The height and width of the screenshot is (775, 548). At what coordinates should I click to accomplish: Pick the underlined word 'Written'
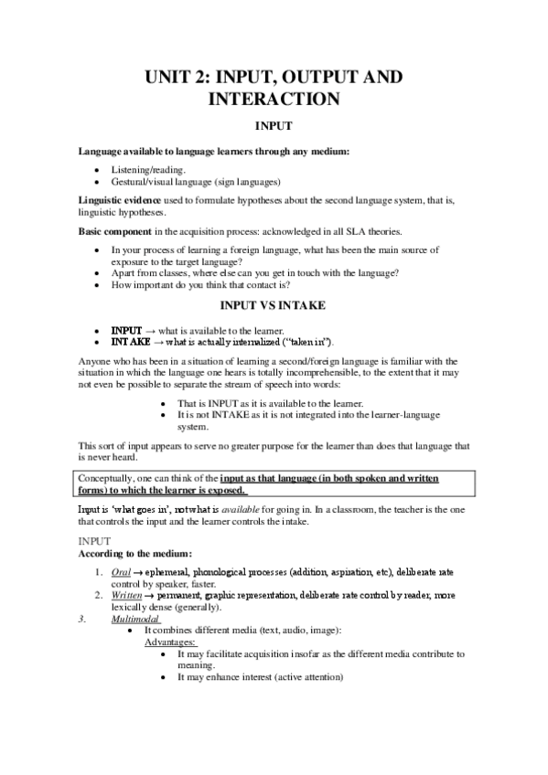pyautogui.click(x=128, y=594)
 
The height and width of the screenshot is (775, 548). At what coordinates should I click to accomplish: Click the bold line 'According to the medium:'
pyautogui.click(x=134, y=554)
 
